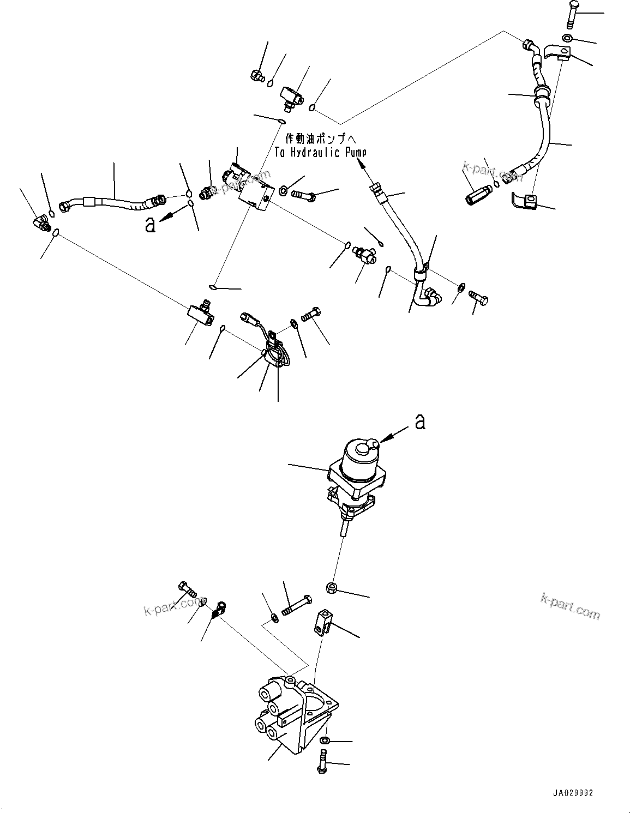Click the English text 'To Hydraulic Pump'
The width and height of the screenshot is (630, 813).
point(320,153)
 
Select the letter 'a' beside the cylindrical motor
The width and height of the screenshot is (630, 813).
point(419,421)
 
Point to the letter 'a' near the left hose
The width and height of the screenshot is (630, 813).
point(150,224)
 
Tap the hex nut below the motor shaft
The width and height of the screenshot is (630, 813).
point(331,588)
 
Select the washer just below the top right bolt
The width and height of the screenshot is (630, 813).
point(567,38)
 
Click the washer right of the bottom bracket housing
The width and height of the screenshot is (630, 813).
point(325,740)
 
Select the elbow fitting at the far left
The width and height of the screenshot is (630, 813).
point(40,221)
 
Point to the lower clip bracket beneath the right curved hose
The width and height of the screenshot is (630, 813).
point(525,202)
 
